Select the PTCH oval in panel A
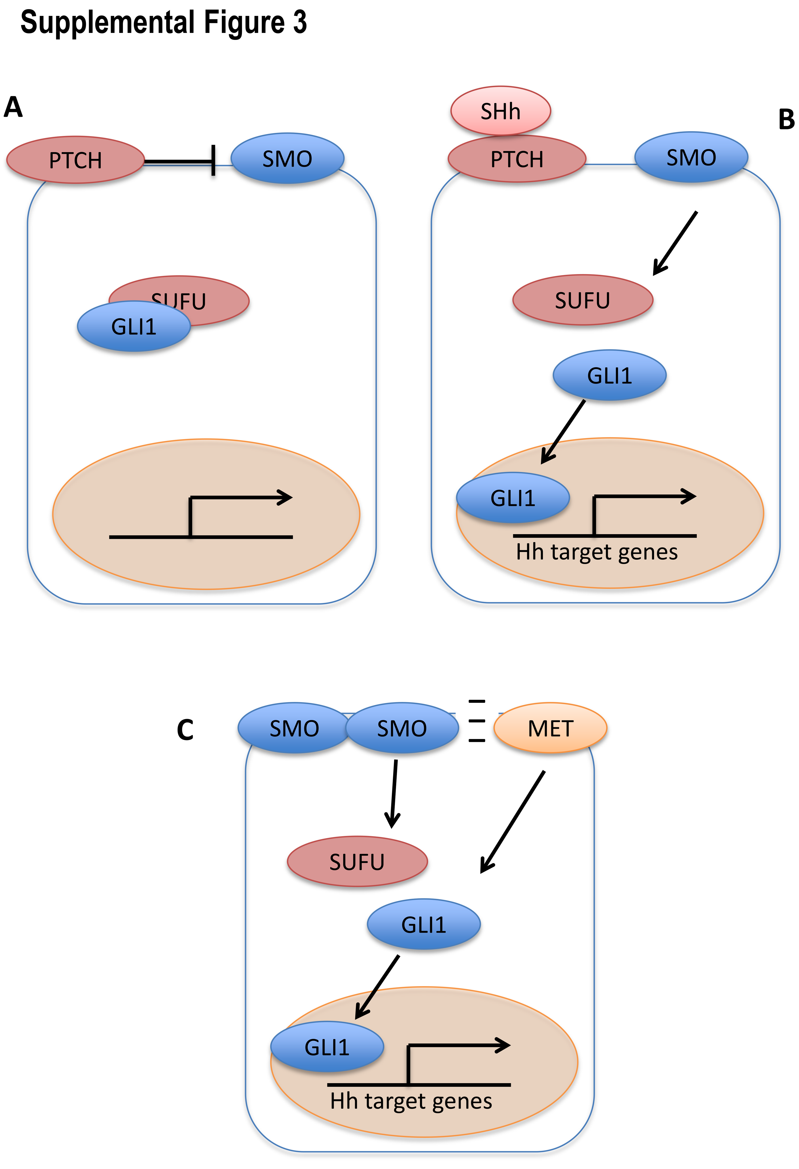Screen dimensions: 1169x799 point(75,160)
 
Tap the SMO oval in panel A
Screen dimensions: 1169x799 point(287,159)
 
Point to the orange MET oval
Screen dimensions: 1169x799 point(550,728)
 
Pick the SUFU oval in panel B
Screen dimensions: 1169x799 point(582,300)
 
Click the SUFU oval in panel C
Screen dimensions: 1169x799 point(357,862)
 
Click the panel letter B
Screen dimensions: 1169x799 point(786,120)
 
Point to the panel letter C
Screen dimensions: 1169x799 point(185,730)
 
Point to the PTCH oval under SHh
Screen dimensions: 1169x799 point(517,159)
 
